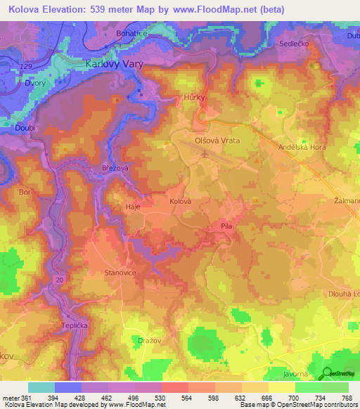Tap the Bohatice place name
pos(132,33)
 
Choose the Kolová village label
pos(181,201)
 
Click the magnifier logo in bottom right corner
pos(328,375)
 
